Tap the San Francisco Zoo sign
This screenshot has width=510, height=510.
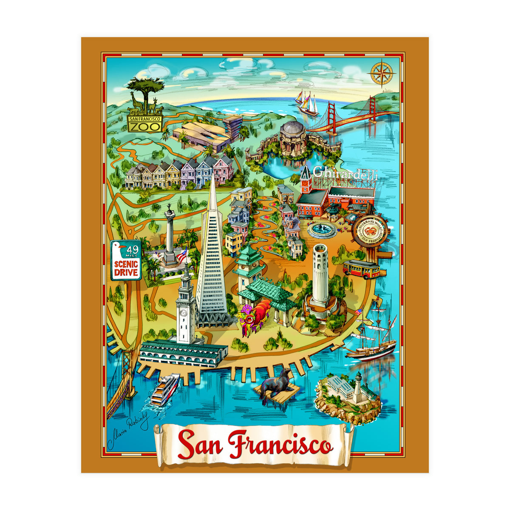[x=144, y=122]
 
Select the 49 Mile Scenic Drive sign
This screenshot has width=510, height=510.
[x=126, y=260]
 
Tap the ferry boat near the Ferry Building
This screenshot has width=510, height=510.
[x=165, y=388]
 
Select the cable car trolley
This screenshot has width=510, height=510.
[x=361, y=269]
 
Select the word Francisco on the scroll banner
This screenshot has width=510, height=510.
[x=280, y=444]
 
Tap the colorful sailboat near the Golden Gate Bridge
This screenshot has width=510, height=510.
[x=306, y=102]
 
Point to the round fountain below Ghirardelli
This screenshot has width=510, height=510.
[x=322, y=230]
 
